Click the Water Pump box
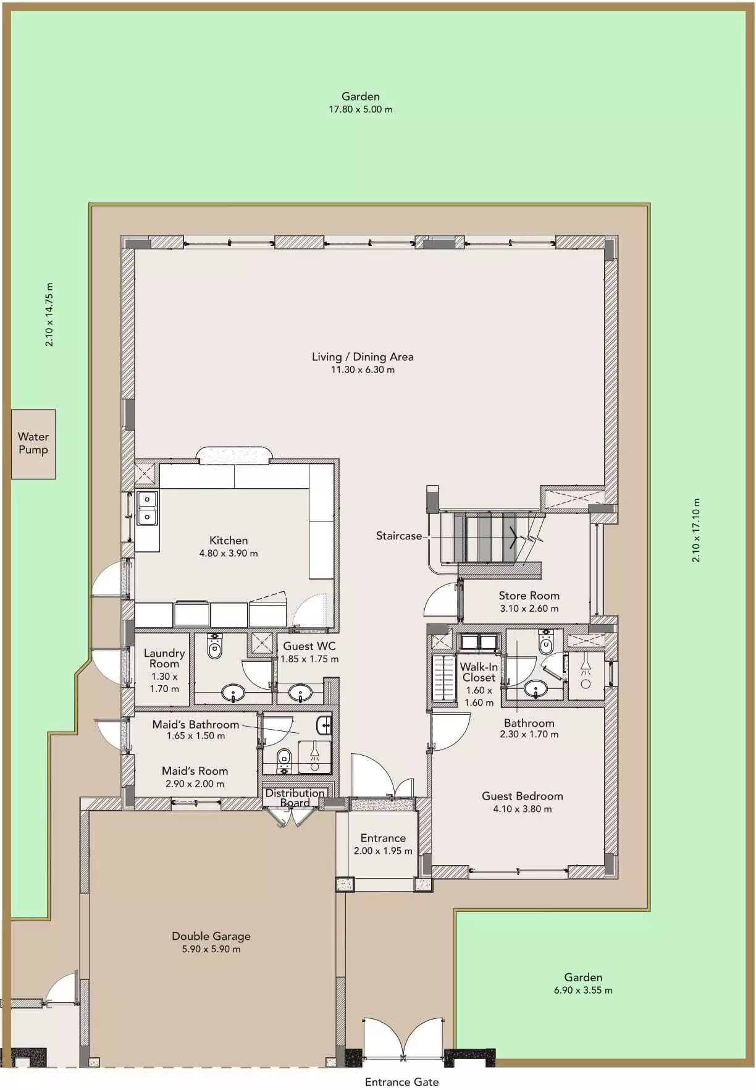(33, 444)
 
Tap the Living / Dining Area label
(363, 357)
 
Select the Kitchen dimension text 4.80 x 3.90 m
(229, 553)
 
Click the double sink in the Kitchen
(147, 507)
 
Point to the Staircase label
(399, 536)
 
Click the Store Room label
(529, 596)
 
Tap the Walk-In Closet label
(479, 672)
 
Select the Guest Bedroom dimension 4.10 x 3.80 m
(523, 809)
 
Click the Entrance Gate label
(401, 1081)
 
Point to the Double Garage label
(211, 936)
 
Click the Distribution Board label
(295, 797)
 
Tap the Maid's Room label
(195, 771)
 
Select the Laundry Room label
(164, 658)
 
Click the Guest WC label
(309, 646)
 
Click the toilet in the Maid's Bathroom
(284, 759)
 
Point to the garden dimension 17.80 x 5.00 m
(361, 109)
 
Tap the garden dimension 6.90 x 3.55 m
(583, 990)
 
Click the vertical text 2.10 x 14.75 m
(49, 315)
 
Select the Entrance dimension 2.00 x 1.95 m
(383, 851)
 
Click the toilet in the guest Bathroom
(547, 643)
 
